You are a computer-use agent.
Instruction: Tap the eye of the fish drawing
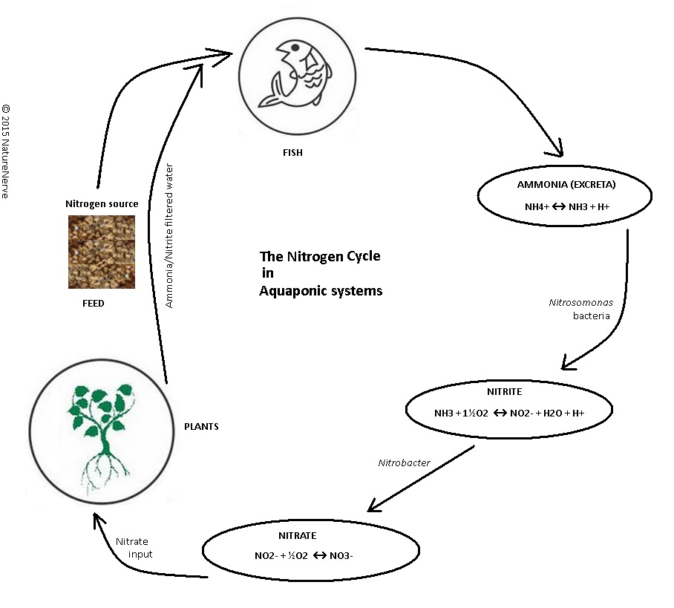click(x=295, y=49)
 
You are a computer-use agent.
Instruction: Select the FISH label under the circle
click(x=293, y=154)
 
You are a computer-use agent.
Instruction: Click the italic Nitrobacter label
click(x=405, y=462)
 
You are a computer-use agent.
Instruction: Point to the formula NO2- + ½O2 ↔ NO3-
click(x=298, y=554)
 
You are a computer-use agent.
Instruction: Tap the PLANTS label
click(x=201, y=427)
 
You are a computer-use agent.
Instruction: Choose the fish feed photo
click(x=101, y=252)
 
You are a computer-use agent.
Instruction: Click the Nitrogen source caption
click(x=101, y=203)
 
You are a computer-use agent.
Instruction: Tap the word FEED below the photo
click(x=93, y=304)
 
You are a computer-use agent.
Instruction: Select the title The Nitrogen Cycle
click(x=319, y=256)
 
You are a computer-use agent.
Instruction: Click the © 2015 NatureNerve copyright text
click(x=7, y=156)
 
